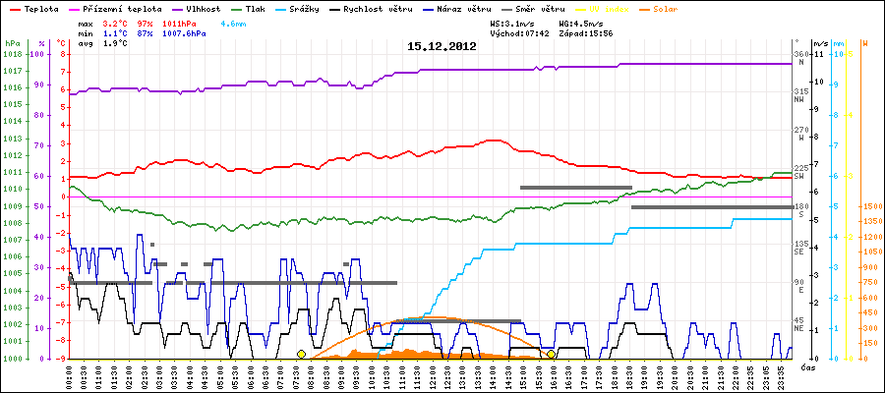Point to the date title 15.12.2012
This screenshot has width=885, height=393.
tap(442, 46)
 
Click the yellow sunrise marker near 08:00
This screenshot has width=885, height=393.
tap(301, 354)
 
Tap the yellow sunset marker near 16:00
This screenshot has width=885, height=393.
tap(552, 354)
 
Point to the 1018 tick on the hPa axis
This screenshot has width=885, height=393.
tap(12, 55)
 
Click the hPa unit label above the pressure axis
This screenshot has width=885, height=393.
tap(12, 43)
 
